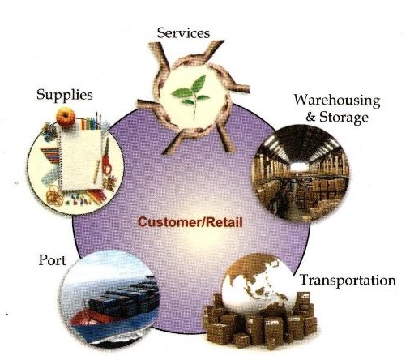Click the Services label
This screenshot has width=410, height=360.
(183, 33)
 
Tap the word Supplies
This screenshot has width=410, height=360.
(65, 95)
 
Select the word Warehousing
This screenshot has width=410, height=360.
(337, 101)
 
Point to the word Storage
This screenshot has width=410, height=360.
(344, 117)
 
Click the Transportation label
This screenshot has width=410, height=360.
(348, 280)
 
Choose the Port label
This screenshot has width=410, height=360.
(52, 260)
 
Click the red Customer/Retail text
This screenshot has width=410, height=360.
(190, 222)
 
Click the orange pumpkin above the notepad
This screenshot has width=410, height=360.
(66, 118)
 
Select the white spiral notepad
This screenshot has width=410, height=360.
(80, 160)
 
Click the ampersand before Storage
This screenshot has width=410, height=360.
(310, 117)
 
